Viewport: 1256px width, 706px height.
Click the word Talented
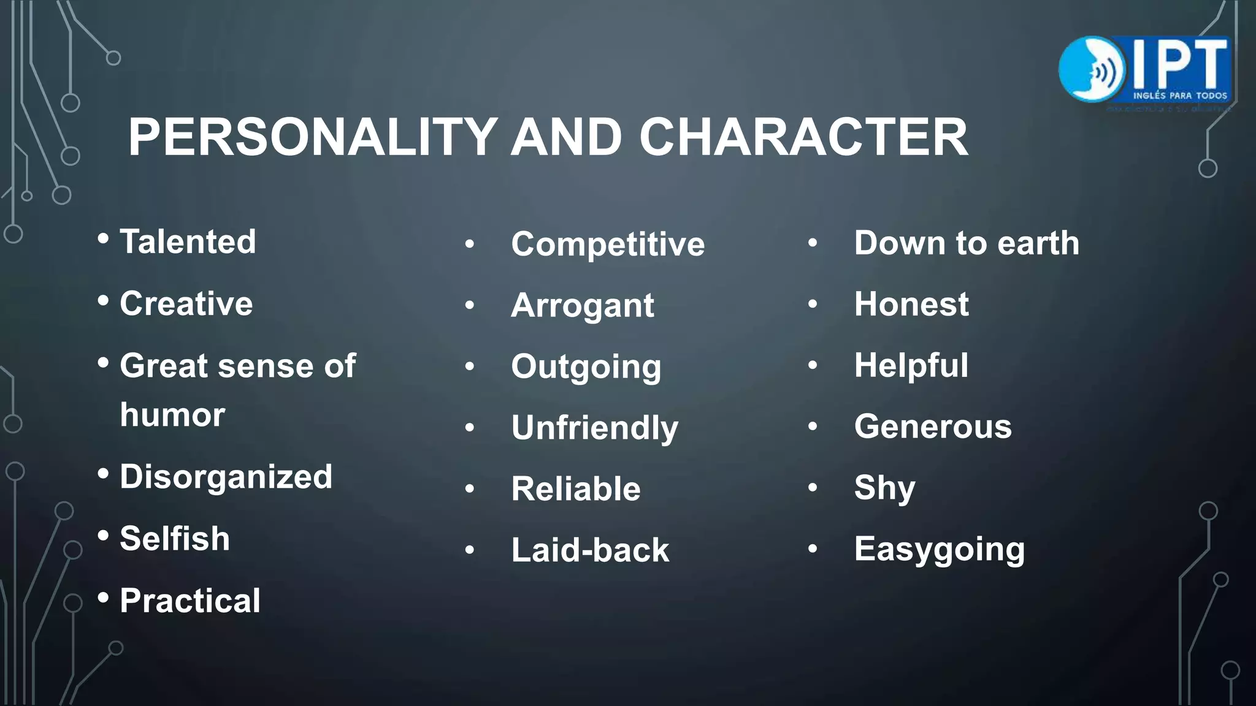[x=188, y=241]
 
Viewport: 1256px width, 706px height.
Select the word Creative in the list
[x=186, y=303]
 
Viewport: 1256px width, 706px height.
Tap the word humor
[x=172, y=415]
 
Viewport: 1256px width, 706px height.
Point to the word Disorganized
[x=226, y=477]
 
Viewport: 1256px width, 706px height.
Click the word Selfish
[x=175, y=539]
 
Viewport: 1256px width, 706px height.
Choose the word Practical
[x=190, y=601]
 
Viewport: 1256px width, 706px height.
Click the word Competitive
[x=608, y=245]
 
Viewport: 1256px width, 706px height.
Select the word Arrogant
[x=583, y=306]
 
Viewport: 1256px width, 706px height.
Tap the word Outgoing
[x=586, y=367]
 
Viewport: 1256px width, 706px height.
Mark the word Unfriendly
[x=595, y=428]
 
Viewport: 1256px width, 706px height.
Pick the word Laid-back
[x=590, y=550]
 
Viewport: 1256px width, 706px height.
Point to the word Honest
[x=911, y=305]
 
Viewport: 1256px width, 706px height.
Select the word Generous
[x=933, y=427]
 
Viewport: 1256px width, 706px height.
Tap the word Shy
[x=884, y=488]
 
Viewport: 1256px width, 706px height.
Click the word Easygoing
[x=940, y=550]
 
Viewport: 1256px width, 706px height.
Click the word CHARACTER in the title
[x=803, y=137]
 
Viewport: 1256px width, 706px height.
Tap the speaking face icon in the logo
[x=1092, y=69]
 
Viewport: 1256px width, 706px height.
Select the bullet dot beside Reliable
[x=470, y=489]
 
